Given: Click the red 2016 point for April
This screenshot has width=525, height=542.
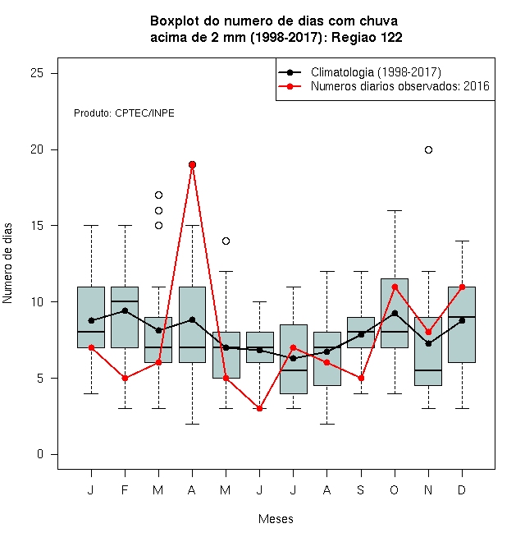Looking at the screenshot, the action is [193, 164].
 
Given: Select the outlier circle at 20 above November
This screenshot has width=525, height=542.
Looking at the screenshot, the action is [428, 149].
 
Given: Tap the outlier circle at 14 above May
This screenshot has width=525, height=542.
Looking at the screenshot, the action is [226, 241].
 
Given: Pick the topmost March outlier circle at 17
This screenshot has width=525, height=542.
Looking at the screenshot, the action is [158, 195].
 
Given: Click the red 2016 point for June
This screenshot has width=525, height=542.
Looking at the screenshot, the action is [260, 409].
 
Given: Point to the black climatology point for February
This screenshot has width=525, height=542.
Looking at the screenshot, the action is [125, 310].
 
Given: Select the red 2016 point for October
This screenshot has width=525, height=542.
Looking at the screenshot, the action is [395, 287].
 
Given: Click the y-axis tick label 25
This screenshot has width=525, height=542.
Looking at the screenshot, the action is [37, 73].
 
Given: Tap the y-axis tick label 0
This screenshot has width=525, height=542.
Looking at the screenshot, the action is [40, 454].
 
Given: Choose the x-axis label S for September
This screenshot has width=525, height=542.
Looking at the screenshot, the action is [361, 489].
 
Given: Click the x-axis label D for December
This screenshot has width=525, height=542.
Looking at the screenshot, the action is [462, 489].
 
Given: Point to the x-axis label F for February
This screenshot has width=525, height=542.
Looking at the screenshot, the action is [125, 489].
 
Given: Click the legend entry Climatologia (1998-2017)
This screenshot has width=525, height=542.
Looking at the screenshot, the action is [376, 72].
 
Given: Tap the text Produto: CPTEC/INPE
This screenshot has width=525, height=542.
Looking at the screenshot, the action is [124, 113].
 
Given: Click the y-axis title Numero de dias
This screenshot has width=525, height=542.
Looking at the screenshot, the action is [7, 264].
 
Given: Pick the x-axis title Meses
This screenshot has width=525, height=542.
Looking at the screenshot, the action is [276, 519].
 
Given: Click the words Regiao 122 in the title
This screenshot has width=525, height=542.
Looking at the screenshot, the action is [367, 37].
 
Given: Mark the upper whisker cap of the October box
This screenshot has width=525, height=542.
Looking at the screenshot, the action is [395, 210].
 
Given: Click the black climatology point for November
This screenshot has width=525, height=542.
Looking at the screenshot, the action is [428, 343].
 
